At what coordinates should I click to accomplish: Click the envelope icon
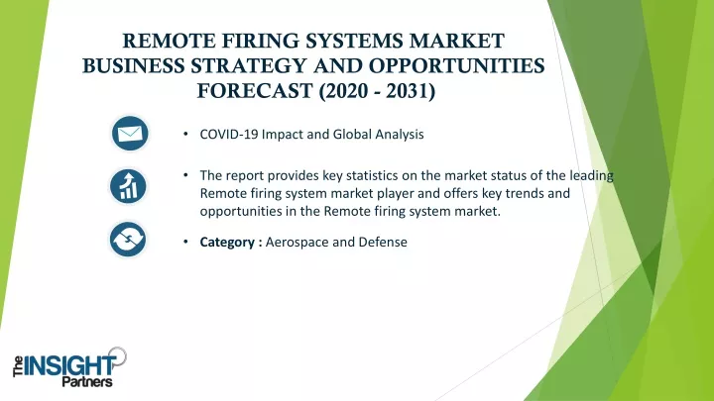click(x=130, y=134)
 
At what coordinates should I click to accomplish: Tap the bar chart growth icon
click(x=128, y=186)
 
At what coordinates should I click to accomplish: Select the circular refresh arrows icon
click(x=128, y=240)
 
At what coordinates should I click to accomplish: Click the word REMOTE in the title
click(x=170, y=42)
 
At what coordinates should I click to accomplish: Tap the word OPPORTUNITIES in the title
click(x=457, y=66)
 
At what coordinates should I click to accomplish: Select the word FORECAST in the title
click(x=255, y=91)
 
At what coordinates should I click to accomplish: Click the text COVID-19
click(x=229, y=134)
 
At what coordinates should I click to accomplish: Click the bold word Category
click(x=227, y=243)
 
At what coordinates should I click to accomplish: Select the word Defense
click(x=383, y=242)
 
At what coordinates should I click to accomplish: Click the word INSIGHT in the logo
click(x=69, y=366)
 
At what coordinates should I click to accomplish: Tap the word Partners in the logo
click(x=87, y=382)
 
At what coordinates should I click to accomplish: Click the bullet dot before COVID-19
click(x=185, y=134)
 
